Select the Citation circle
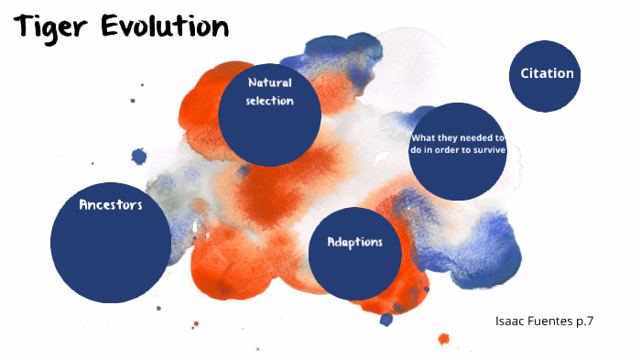coord(547,87)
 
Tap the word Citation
coord(547,74)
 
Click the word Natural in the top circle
coord(269,82)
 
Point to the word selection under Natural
coord(269,101)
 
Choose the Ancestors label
coord(111,204)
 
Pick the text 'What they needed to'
coord(458,138)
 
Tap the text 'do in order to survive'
coord(458,150)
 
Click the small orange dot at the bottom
coord(444,339)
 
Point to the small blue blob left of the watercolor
coord(139,157)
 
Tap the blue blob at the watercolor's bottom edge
coord(386,319)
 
